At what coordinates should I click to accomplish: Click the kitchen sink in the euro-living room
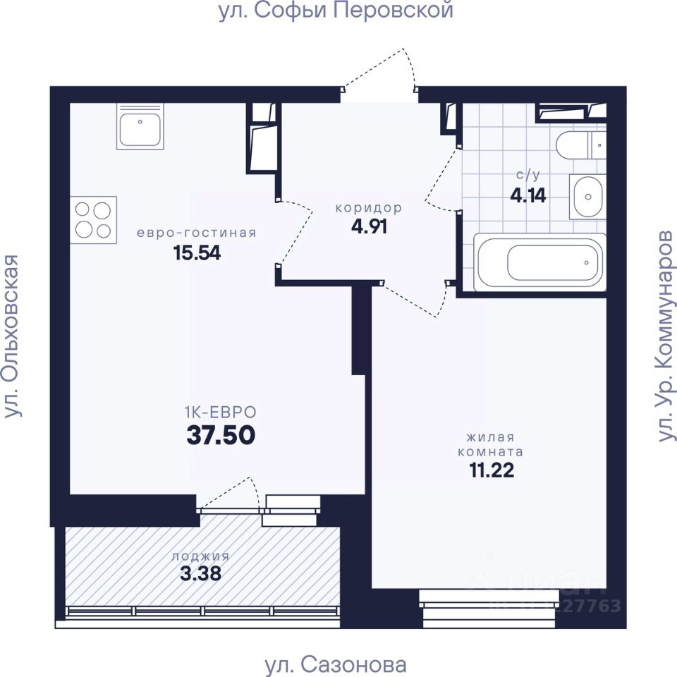(140, 126)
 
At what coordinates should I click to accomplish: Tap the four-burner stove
(93, 220)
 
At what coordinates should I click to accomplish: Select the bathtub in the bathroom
(539, 262)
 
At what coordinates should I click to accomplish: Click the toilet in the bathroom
(581, 145)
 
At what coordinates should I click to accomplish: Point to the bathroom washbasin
(587, 197)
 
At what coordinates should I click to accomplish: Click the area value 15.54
(197, 252)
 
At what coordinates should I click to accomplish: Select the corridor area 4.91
(369, 226)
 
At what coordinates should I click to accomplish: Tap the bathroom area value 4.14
(528, 195)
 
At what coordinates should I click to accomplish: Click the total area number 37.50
(221, 435)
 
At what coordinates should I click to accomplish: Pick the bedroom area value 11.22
(492, 470)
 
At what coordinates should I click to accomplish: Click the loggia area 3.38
(200, 573)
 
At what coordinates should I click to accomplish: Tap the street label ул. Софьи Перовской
(336, 11)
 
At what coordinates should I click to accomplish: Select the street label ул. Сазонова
(336, 665)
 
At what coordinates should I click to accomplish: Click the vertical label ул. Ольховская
(12, 336)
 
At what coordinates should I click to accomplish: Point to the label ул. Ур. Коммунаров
(665, 336)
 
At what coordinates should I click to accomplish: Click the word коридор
(369, 208)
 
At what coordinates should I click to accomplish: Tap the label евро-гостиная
(197, 233)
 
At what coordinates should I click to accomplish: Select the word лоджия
(200, 556)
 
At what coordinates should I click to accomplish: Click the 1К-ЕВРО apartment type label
(221, 413)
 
